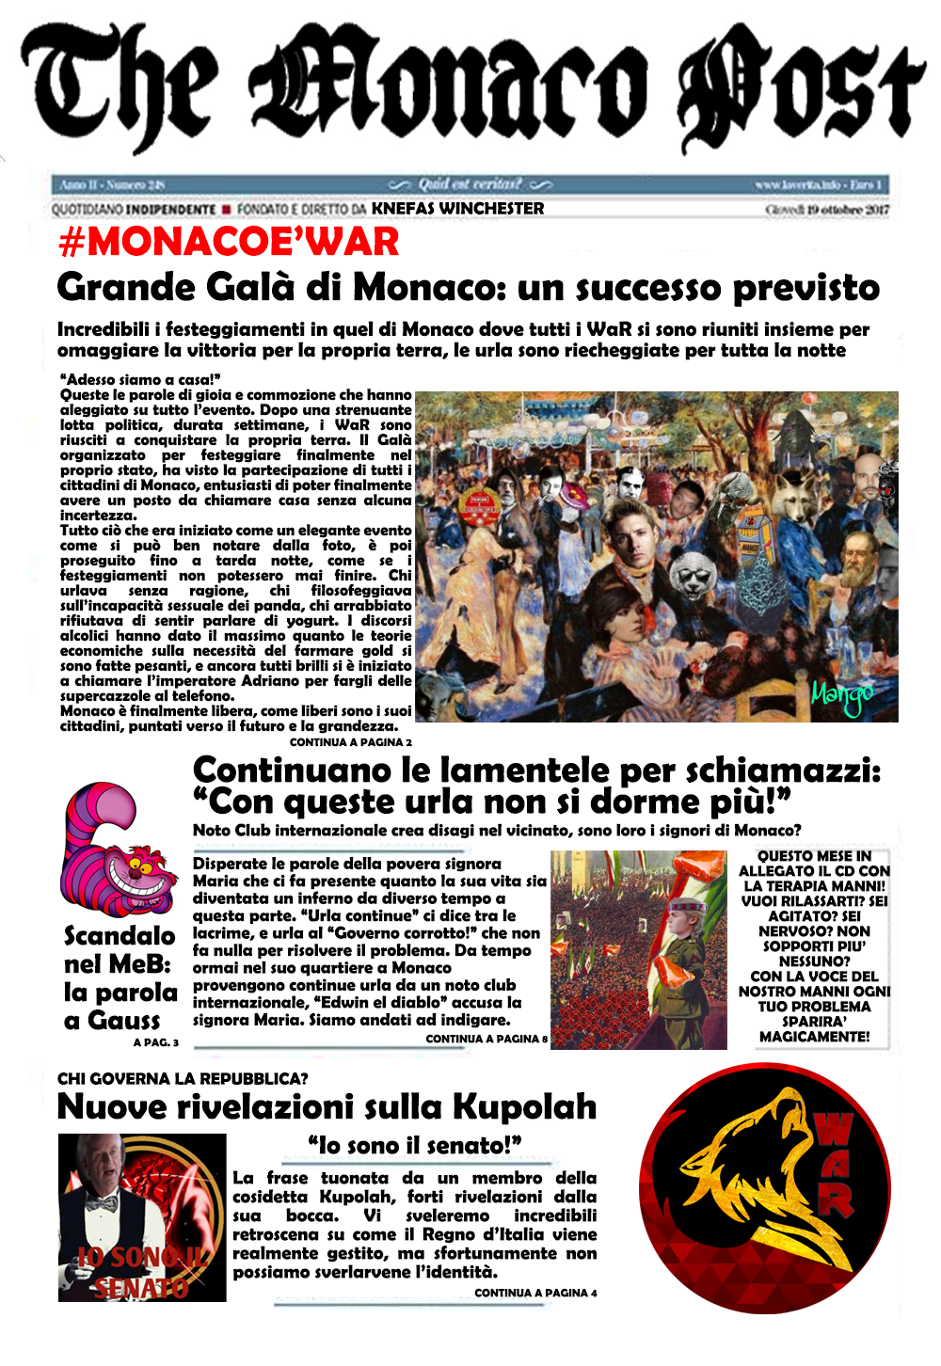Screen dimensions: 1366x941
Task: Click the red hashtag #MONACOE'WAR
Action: click(229, 243)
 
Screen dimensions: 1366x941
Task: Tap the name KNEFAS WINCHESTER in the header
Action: click(457, 208)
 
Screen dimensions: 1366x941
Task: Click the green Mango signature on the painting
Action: click(841, 696)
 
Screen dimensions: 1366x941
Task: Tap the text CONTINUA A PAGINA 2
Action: click(350, 742)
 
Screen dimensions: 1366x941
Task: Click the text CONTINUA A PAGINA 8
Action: click(486, 1039)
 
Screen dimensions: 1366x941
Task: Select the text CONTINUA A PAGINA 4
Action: click(535, 1293)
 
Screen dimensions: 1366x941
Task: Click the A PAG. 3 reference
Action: click(155, 1042)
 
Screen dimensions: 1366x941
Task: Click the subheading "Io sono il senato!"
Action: click(414, 1145)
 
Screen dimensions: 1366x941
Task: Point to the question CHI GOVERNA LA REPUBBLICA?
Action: click(183, 1078)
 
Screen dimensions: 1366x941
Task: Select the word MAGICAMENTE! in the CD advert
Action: click(814, 1036)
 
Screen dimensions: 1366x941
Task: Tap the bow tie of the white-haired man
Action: click(101, 1202)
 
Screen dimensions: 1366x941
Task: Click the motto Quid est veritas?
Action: click(470, 183)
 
